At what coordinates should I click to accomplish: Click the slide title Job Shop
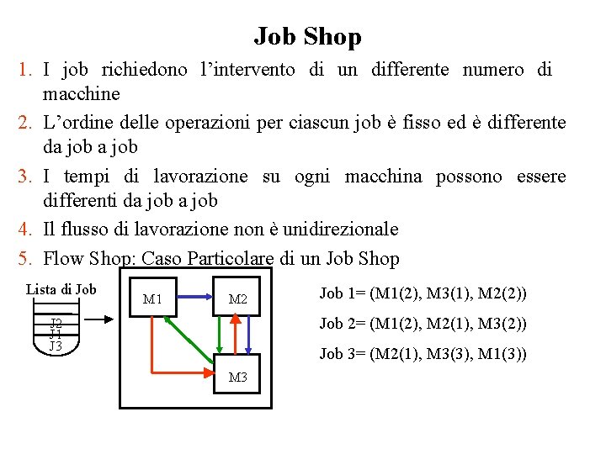tap(307, 37)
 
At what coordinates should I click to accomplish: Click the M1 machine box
tap(152, 298)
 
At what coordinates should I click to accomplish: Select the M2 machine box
tap(237, 298)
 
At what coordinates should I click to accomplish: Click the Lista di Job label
tap(61, 289)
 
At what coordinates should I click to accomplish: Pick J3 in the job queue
tap(56, 346)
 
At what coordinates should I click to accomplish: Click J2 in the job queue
tap(56, 323)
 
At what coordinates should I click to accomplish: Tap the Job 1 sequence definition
tap(423, 293)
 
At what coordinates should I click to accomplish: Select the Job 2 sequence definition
tap(423, 324)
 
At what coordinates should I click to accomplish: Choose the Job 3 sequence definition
tap(423, 354)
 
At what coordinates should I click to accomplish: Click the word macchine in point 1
tap(82, 93)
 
